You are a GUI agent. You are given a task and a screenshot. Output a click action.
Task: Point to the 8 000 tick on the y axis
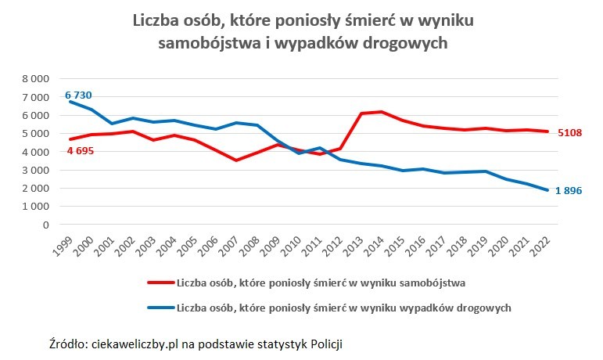click(x=34, y=79)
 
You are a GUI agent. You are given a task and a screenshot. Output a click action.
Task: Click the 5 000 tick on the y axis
click(x=34, y=134)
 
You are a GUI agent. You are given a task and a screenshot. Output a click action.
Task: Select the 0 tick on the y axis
click(x=45, y=225)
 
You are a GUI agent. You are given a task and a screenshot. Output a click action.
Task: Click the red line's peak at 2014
click(x=382, y=112)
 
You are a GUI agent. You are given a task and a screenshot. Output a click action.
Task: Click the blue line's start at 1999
click(x=70, y=102)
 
